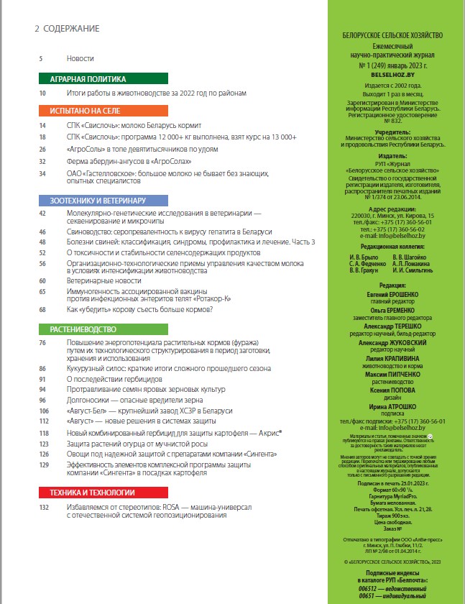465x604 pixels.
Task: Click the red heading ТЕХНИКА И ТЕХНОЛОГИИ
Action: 92,493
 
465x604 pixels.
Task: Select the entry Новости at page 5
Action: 80,58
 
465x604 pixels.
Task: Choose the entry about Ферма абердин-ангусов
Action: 122,161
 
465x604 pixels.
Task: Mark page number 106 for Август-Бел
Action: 43,410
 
